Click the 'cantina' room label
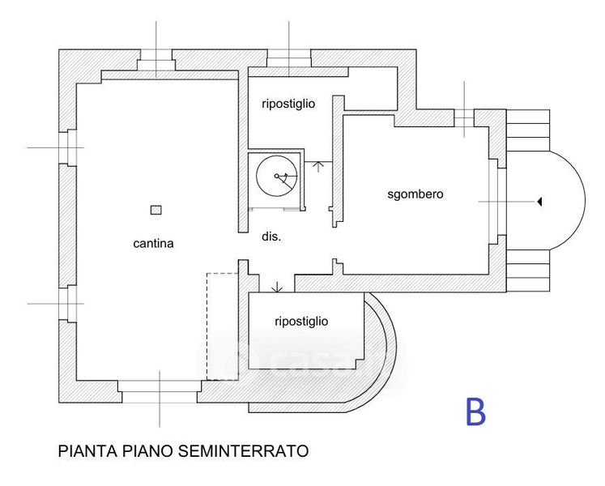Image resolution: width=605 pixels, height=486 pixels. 155,243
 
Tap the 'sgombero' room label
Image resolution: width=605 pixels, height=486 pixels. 415,194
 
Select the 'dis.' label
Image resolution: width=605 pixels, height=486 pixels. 271,237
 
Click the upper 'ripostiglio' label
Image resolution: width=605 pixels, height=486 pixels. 288,104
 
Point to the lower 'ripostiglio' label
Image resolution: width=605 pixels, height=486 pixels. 301,322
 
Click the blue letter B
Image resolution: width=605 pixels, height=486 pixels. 475,411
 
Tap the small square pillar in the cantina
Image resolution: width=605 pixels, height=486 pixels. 156,210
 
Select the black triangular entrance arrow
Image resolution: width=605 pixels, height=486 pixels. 539,202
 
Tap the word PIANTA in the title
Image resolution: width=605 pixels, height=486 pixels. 84,450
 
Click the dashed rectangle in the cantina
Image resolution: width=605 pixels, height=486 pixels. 220,326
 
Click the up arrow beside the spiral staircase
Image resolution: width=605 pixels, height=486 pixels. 318,167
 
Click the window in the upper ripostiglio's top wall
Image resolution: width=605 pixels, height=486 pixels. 289,59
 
